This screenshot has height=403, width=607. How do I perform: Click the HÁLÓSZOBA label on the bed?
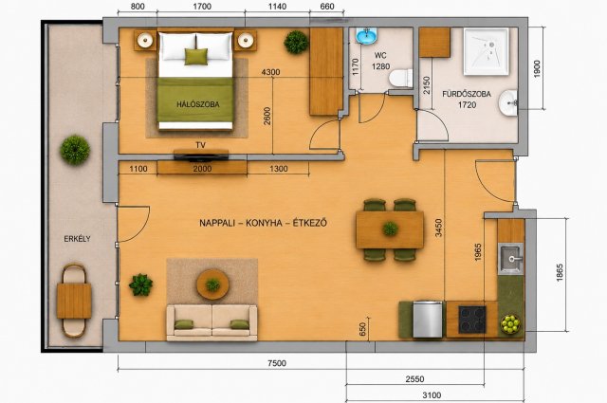point(198,104)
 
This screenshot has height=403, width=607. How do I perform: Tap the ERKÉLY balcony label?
point(77,239)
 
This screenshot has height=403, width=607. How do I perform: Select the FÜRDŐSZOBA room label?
point(467,94)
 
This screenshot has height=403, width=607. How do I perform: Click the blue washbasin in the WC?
point(366,36)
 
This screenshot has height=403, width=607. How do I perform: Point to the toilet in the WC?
point(400,78)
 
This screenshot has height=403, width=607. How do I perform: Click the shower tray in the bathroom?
point(487,51)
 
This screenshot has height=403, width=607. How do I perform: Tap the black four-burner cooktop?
point(472,320)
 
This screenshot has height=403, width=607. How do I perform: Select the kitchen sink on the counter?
point(510,259)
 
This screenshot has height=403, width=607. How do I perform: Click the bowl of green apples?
point(510,324)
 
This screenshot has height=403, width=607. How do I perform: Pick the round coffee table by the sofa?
point(212,284)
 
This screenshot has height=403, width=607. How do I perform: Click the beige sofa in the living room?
point(212,322)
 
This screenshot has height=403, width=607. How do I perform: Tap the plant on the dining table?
point(390,229)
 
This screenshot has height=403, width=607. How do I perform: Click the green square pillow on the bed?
point(196,57)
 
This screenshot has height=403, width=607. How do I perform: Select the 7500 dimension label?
point(277,363)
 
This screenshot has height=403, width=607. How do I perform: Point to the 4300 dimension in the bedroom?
point(270,72)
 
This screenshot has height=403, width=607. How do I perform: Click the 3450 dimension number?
point(438,228)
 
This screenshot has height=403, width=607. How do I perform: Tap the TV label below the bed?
point(200,145)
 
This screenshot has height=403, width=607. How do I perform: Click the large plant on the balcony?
point(75,150)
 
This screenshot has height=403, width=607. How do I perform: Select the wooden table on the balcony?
point(74,301)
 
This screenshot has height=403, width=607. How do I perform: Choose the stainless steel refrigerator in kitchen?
point(428,320)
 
